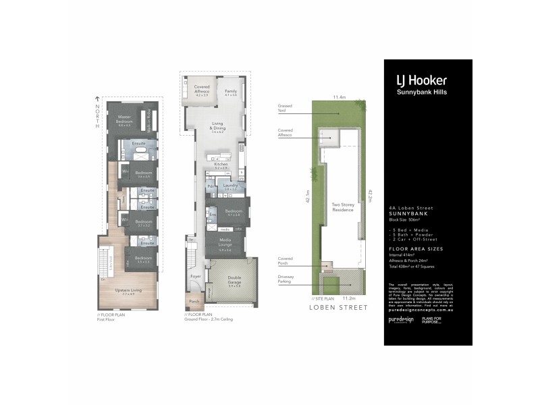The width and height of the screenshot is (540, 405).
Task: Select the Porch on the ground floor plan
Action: [194, 301]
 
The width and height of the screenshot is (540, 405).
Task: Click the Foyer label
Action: [196, 275]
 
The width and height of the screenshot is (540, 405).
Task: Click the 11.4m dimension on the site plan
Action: [339, 97]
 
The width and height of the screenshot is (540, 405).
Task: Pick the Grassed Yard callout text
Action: [284, 108]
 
